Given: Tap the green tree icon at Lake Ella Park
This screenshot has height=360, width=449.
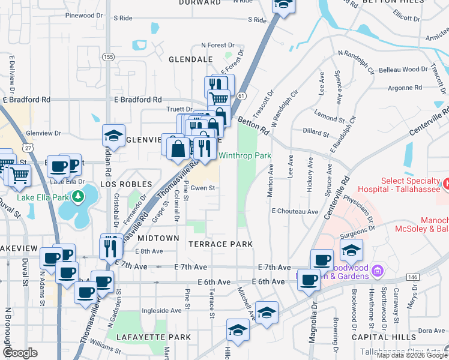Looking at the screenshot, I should pyautogui.click(x=77, y=196).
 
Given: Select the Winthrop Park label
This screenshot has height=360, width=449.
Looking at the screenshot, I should pyautogui.click(x=244, y=155).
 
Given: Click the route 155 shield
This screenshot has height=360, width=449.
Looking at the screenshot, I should pyautogui.click(x=108, y=57).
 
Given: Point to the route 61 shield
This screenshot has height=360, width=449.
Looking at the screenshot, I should pyautogui.click(x=241, y=96).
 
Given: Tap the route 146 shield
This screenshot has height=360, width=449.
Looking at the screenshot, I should pyautogui.click(x=412, y=277).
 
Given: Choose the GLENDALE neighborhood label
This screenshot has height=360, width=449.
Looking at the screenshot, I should pyautogui.click(x=190, y=60).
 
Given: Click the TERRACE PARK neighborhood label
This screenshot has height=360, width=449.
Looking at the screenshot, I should pyautogui.click(x=220, y=244).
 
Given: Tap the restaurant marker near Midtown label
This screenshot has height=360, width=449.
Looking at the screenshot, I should pyautogui.click(x=111, y=248).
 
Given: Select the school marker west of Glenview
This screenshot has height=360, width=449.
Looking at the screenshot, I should pyautogui.click(x=113, y=136).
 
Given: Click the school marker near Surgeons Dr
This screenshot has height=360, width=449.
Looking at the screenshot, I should pyautogui.click(x=351, y=250).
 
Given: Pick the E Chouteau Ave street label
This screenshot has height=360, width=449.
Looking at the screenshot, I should pyautogui.click(x=294, y=211).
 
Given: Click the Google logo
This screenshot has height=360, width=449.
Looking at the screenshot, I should pyautogui.click(x=20, y=353).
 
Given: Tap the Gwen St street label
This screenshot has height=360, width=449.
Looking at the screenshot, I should pyautogui.click(x=203, y=188).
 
